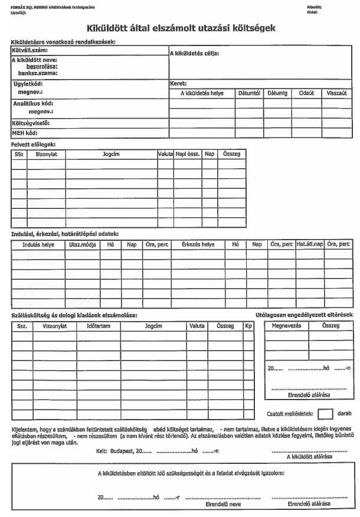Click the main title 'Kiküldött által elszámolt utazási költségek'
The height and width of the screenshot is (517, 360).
181,28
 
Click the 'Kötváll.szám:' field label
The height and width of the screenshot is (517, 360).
30,51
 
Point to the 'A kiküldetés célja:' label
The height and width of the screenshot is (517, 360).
194,54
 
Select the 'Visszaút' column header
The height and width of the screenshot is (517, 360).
336,93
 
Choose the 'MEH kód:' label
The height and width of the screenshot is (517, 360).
25,133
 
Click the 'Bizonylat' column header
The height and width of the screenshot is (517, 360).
46,154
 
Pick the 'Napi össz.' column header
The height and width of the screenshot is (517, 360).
187,154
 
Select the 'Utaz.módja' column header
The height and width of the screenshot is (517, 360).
82,244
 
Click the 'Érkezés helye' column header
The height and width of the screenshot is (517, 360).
198,244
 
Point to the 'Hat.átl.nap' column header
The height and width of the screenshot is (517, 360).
310,244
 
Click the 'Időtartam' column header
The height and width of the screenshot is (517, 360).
99,326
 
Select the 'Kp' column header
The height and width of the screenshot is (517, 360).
248,326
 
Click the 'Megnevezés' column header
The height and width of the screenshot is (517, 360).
286,325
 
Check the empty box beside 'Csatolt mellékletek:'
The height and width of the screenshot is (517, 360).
325,414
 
